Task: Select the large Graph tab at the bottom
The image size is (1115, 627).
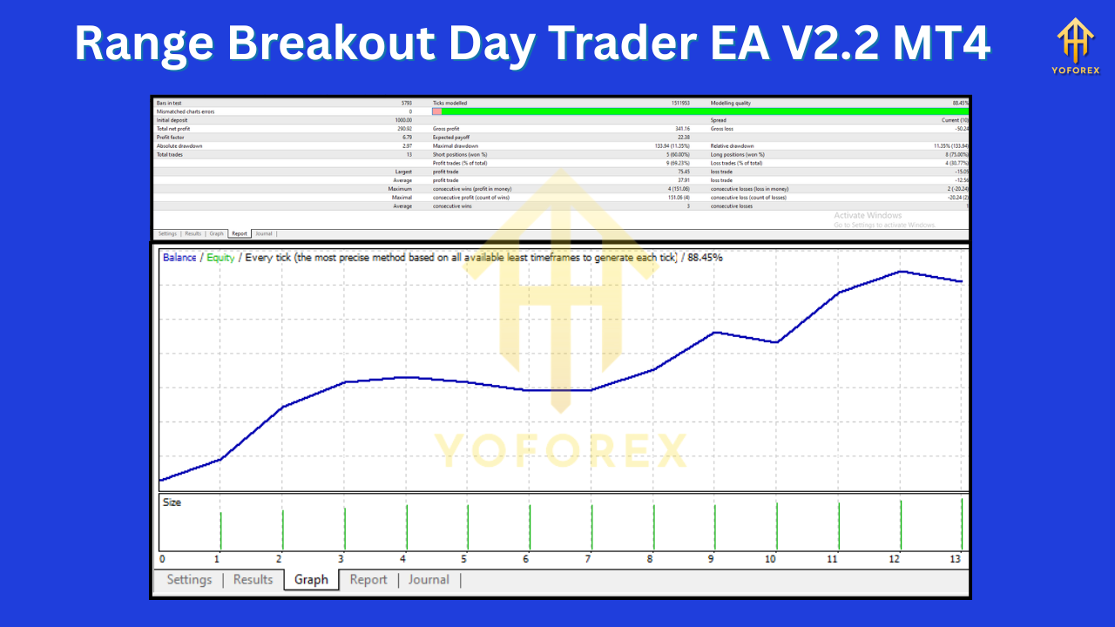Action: pos(311,580)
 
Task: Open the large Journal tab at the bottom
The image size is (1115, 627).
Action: pos(429,580)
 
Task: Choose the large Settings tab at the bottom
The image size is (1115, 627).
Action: pos(189,580)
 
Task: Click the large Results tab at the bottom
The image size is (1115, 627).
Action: pos(253,580)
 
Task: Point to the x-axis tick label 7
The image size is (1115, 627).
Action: pos(589,559)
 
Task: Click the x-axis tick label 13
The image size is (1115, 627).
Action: pos(956,559)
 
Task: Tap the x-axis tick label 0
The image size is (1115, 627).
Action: pos(162,559)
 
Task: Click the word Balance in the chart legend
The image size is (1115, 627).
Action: pos(179,258)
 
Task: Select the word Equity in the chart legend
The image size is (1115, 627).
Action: pos(220,258)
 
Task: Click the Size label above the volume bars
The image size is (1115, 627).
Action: pos(172,502)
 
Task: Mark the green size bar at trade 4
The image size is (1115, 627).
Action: pos(406,527)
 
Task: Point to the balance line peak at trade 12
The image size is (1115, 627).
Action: pos(901,272)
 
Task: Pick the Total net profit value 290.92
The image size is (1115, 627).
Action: pos(404,129)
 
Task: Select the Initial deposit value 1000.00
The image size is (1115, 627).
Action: pos(403,120)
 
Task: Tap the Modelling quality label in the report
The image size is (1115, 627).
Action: pos(731,103)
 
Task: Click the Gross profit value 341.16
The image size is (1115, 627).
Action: pos(681,129)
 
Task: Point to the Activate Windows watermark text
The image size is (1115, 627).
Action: pos(868,215)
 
